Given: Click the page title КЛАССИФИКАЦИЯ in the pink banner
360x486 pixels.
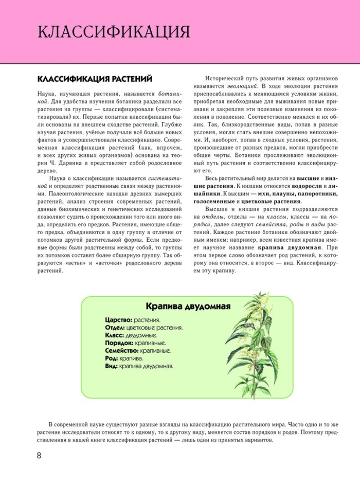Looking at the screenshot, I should click(114, 31).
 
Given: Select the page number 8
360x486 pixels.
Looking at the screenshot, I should click(39, 456).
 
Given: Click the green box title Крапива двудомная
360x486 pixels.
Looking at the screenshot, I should click(187, 307).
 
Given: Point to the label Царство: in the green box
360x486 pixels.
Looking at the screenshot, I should click(118, 319).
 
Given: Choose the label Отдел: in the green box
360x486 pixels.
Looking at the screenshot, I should click(115, 327).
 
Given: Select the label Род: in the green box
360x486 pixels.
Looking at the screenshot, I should click(111, 358).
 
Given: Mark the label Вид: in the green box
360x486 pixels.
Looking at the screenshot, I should click(111, 366).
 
